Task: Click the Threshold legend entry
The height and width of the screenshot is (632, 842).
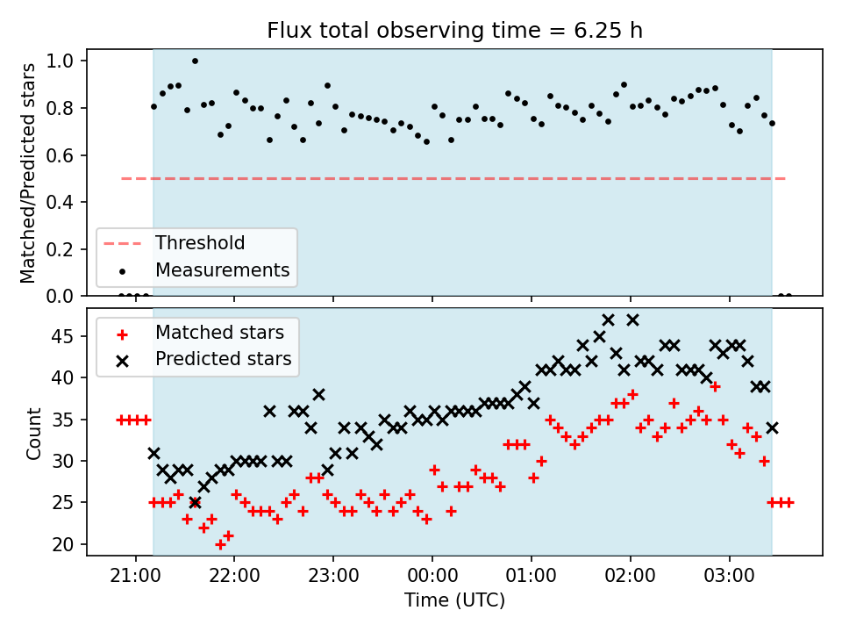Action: point(174,243)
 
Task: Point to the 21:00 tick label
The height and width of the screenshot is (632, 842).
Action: point(135,576)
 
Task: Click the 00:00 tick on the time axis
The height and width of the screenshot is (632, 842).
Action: point(432,576)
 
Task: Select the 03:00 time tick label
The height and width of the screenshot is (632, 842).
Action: point(729,576)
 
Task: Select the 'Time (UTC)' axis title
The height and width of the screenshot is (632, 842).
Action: point(455,600)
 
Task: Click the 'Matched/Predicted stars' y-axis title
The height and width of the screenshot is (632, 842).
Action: point(27,173)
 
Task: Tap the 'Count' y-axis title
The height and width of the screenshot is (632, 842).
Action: point(33,434)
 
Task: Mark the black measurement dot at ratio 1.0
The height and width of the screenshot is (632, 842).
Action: point(195,61)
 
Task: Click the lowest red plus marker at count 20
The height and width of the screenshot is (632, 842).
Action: point(220,545)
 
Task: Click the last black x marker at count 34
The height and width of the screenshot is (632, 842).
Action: point(772,428)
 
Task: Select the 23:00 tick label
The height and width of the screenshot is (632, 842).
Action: point(333,576)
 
